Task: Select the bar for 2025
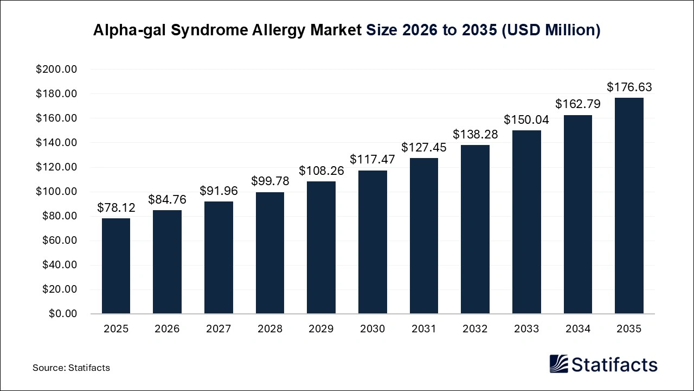[116, 266]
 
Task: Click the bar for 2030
[372, 242]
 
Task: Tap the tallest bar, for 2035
[629, 206]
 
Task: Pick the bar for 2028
[270, 253]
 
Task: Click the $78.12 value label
[116, 207]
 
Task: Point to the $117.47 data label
[372, 160]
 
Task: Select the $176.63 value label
[629, 87]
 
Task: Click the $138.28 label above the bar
[475, 134]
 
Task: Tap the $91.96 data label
[219, 191]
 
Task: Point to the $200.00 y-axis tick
[56, 70]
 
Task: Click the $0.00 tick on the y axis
[62, 314]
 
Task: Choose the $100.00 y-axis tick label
[56, 192]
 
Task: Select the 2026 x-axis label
[167, 329]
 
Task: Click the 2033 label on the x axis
[526, 329]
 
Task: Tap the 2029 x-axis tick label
[321, 329]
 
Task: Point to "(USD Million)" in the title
[550, 30]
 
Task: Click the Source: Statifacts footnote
[71, 368]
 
